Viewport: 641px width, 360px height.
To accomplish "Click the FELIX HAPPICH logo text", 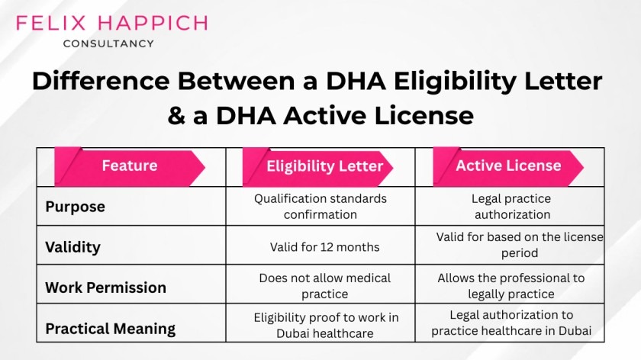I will pos(111,22).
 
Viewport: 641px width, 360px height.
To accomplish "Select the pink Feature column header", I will pos(130,166).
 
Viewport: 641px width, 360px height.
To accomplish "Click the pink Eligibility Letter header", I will pos(324,166).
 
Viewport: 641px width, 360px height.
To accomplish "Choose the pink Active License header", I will pos(508,166).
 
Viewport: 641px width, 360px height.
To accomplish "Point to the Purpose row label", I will pos(76,207).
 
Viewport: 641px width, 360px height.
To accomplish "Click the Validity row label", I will pos(72,247).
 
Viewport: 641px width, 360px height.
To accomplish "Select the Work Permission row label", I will pos(105,288).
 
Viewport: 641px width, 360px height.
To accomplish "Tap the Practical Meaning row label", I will pos(110,329).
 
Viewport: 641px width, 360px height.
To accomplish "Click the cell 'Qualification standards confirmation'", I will pos(320,206).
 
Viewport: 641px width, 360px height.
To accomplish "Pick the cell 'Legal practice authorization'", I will pos(511,206).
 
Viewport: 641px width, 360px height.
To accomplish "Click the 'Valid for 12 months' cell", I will pos(324,247).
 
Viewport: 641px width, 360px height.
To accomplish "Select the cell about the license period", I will pos(520,245).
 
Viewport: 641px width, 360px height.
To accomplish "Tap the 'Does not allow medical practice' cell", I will pos(324,286).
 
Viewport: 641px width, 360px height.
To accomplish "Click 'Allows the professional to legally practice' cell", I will pos(511,286).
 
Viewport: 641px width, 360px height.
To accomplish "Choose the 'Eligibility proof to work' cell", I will pos(326,324).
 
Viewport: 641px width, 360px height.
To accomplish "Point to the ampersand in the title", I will pos(178,116).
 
